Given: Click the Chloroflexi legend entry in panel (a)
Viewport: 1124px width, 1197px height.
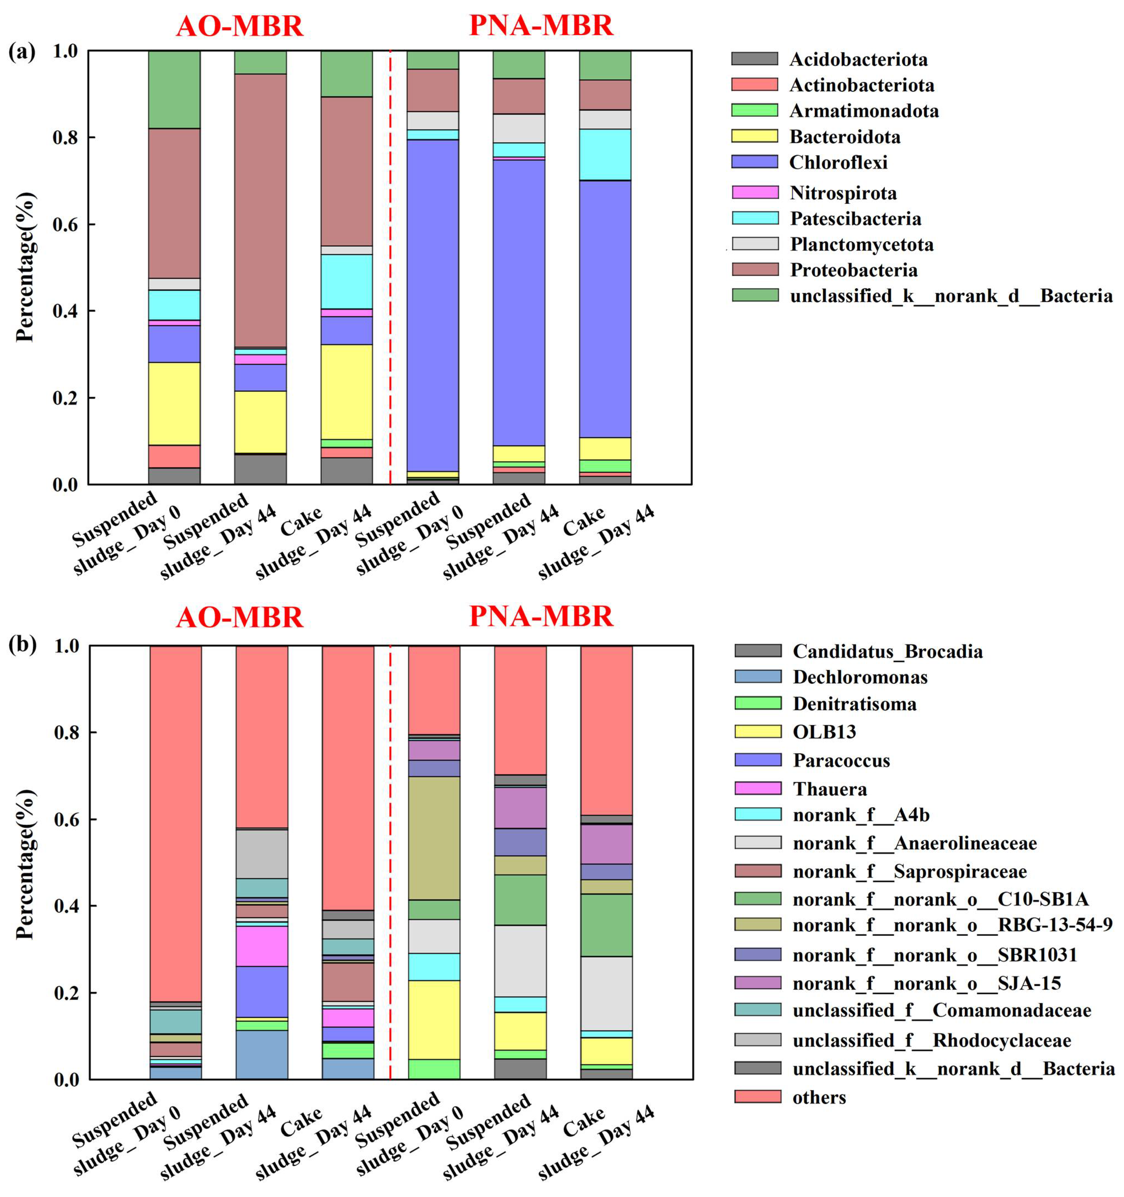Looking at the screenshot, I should click(838, 162).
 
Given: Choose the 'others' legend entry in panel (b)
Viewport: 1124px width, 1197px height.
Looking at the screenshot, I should click(819, 1097).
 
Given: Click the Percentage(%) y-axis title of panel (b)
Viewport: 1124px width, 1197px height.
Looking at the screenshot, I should click(25, 864).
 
